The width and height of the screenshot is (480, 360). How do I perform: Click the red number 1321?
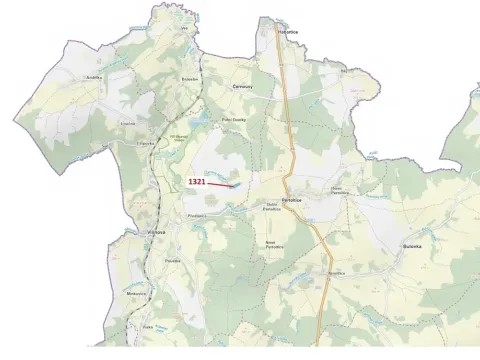(x=196, y=181)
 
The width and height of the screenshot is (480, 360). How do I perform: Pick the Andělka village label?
(x=94, y=77)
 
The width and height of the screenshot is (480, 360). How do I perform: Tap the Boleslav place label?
(x=191, y=78)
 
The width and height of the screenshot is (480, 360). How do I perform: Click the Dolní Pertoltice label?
(x=272, y=207)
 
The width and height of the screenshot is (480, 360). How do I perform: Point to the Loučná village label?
(x=128, y=124)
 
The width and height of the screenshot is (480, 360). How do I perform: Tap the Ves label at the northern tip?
(x=184, y=29)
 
